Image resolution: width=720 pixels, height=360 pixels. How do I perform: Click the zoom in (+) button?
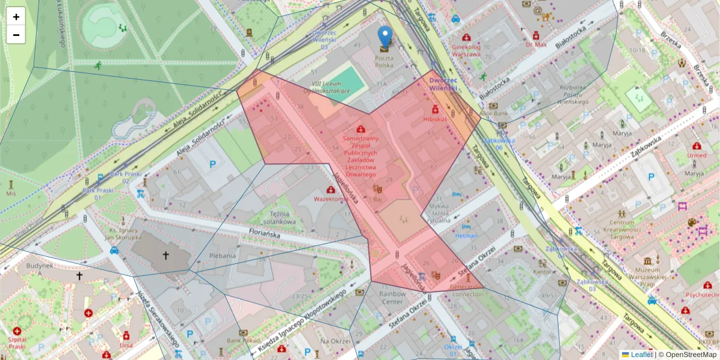[16, 17]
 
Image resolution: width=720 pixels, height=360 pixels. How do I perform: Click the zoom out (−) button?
[16, 35]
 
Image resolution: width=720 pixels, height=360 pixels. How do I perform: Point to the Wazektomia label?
[331, 198]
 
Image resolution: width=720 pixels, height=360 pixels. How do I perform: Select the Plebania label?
[222, 255]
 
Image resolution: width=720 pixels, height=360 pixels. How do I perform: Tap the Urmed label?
[697, 155]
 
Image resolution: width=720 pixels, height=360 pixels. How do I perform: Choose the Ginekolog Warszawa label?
[466, 50]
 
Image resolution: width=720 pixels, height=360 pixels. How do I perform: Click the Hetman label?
[466, 236]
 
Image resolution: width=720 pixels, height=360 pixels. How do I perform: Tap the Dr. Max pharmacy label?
[536, 44]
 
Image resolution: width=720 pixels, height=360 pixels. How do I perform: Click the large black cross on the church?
[166, 256]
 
